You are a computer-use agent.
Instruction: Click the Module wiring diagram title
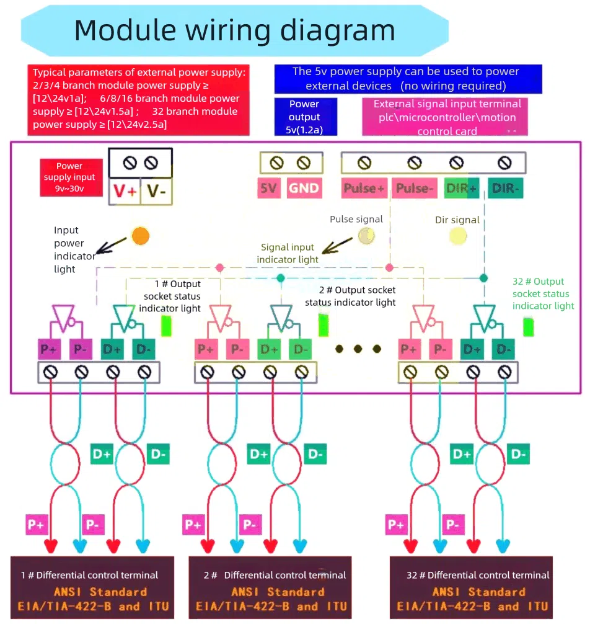click(234, 30)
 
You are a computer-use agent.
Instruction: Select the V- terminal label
click(157, 192)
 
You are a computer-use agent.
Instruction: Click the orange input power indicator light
click(141, 236)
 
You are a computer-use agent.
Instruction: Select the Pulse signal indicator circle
click(367, 235)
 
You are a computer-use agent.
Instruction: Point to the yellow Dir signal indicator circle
click(458, 236)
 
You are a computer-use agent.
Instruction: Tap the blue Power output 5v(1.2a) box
click(306, 117)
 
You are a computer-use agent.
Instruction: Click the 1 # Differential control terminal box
click(92, 587)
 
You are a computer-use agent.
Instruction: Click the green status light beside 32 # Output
click(528, 326)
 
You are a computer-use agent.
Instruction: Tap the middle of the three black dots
click(358, 349)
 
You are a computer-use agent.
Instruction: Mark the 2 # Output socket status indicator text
click(350, 296)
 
